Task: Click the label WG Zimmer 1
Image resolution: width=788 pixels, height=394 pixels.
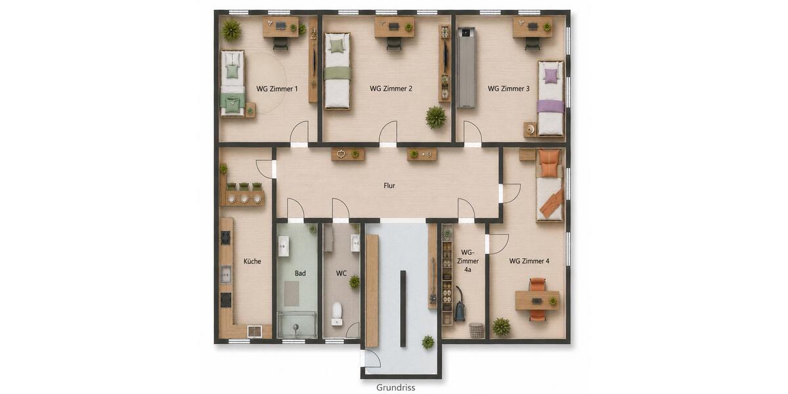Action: point(277,89)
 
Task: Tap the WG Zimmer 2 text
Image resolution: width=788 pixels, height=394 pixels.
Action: point(391,89)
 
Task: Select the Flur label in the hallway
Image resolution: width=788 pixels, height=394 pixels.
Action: point(389,186)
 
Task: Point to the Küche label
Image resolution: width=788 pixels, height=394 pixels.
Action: point(252,261)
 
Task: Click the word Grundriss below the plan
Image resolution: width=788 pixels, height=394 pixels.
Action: point(395,387)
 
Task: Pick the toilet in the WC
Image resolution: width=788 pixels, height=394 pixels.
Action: point(337,314)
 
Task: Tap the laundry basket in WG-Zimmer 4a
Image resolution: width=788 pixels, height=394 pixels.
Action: point(476,330)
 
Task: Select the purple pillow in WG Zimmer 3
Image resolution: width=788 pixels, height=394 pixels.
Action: point(550,76)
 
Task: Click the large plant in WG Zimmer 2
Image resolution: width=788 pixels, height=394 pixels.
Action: point(435,118)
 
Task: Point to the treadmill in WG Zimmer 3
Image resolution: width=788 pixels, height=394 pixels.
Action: point(466,68)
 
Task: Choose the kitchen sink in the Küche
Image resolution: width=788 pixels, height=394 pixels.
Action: point(225,274)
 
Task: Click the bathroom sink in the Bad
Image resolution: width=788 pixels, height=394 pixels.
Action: point(284,246)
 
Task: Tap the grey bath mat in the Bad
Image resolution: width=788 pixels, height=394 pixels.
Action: point(292,294)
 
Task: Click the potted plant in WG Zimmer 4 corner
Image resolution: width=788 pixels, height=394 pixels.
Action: point(501,327)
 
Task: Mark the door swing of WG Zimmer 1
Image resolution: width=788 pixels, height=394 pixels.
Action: point(299,131)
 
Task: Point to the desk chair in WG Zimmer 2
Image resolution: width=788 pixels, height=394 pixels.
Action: point(393,43)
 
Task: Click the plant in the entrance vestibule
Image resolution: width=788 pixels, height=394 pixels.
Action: point(427,342)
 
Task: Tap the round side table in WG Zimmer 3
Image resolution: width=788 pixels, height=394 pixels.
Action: point(531,130)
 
